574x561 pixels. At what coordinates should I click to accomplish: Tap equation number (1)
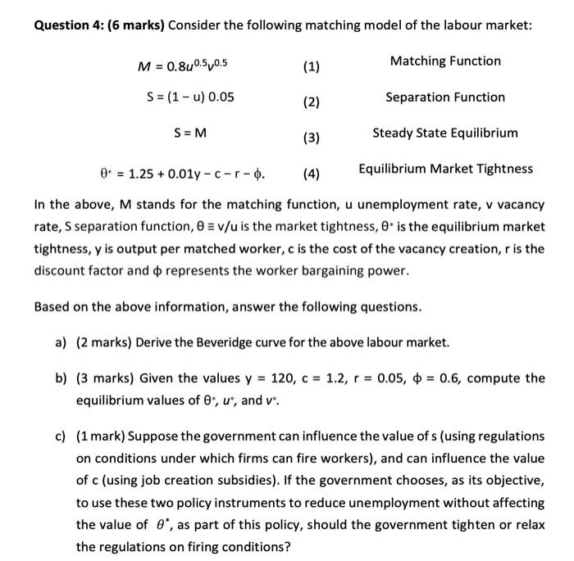point(312,66)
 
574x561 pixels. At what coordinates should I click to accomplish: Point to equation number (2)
point(312,102)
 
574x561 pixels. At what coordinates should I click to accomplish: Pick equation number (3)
point(312,138)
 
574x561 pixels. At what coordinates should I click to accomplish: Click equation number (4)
point(312,174)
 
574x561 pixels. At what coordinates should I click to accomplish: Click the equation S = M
point(189,133)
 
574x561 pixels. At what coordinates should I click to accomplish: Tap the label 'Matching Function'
point(444,61)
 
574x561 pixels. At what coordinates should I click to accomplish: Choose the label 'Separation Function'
point(444,97)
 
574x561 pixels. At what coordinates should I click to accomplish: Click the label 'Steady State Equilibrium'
point(444,133)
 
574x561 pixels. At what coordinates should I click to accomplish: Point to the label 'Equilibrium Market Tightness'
point(445,170)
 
